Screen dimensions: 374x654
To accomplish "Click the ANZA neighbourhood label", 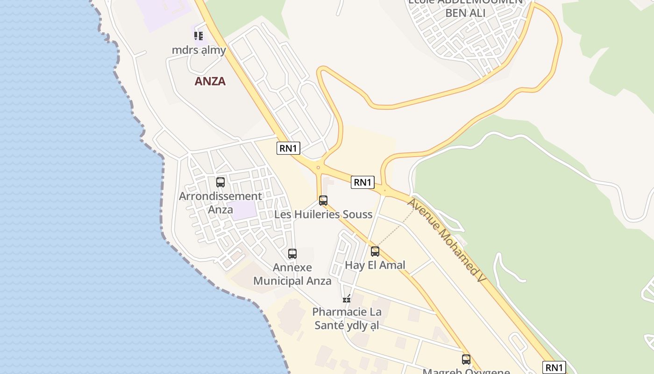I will tap(210, 81).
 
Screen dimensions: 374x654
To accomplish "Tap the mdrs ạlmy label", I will tap(199, 50).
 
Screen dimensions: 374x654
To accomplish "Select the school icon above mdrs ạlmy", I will tap(199, 36).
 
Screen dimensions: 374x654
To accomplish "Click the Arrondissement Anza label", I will tap(220, 202).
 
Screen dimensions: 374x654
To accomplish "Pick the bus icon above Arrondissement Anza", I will tap(220, 182).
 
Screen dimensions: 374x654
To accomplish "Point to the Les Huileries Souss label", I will tap(323, 215).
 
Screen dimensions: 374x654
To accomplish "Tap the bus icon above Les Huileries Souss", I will tap(323, 201).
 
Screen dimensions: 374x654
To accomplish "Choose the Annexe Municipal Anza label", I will tap(292, 274).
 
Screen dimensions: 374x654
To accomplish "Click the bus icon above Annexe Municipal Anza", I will tap(292, 254).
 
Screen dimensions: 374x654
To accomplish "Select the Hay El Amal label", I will tap(375, 265).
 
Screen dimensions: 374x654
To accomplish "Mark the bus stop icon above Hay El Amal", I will tap(375, 252).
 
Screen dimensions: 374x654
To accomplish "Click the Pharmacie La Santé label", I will tap(347, 318).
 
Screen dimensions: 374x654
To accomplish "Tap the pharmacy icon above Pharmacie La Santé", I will tap(347, 298).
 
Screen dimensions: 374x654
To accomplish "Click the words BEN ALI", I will tap(465, 13).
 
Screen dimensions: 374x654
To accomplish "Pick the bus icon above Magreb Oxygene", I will tap(466, 359).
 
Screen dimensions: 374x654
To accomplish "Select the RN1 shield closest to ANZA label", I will tap(288, 148).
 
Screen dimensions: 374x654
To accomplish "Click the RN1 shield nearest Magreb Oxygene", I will tap(554, 367).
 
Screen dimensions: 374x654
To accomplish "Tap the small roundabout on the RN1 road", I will tap(318, 167).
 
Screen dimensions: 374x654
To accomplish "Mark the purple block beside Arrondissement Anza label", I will tap(244, 210).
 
